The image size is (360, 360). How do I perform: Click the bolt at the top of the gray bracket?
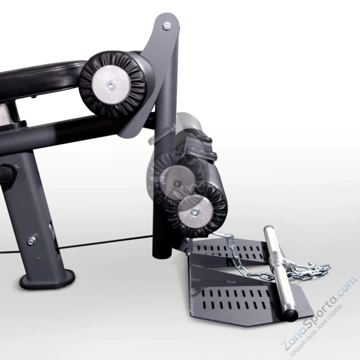click(x=167, y=25)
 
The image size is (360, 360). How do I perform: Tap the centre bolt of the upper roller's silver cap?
click(x=111, y=85)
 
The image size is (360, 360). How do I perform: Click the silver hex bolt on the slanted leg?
click(x=32, y=240)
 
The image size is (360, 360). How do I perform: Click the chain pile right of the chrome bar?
click(x=309, y=269)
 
